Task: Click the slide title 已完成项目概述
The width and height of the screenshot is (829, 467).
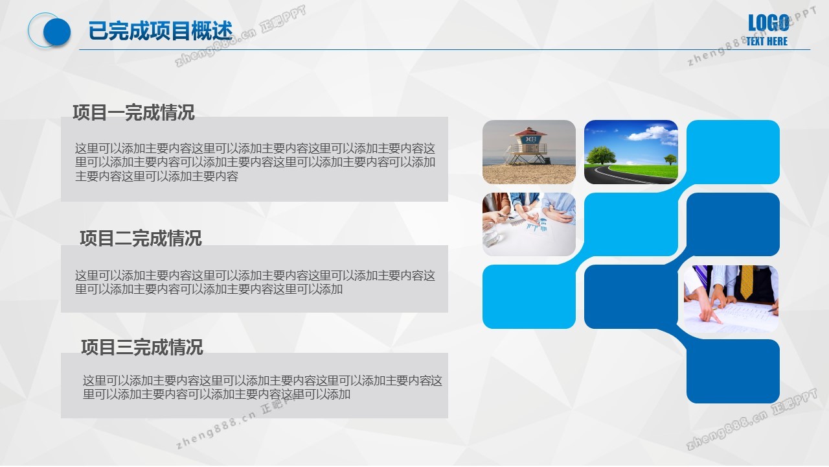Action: pos(160,30)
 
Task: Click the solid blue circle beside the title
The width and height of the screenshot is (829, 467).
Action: pos(57,32)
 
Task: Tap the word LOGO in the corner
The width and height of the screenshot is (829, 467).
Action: pos(768,23)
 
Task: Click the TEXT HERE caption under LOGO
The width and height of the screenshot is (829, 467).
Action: pos(767,41)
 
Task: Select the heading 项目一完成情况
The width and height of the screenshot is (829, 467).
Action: pos(133,113)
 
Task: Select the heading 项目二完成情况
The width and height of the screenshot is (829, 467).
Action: pos(141,238)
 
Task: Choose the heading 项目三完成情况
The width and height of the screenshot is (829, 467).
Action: pos(142,347)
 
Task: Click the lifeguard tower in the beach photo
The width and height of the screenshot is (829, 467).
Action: pos(528,146)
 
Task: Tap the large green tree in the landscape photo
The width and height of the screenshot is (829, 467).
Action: pos(602,155)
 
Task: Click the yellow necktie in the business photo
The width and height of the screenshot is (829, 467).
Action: pos(747,281)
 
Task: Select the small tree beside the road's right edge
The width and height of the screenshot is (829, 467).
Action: pos(670,160)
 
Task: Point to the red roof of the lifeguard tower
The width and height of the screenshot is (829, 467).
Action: pos(528,132)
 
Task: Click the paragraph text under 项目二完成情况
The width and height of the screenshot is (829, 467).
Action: pos(255,282)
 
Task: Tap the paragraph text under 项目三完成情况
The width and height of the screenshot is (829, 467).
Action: pos(262,387)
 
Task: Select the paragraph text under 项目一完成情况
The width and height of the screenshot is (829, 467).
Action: pos(255,162)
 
